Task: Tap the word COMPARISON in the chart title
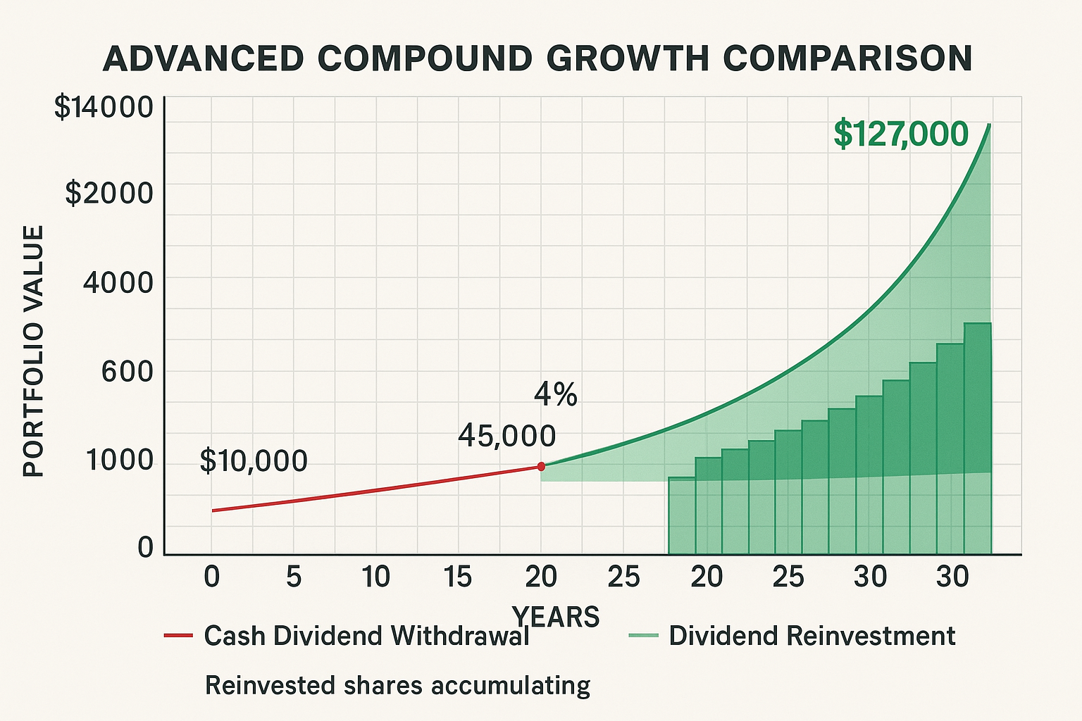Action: (848, 58)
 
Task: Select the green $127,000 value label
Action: (901, 134)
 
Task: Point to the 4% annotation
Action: (555, 395)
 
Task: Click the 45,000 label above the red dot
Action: (506, 437)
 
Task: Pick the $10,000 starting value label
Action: (254, 461)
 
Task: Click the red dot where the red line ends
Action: (541, 466)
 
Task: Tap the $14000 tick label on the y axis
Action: (103, 108)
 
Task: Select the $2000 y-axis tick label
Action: (108, 192)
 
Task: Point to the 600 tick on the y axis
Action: (127, 371)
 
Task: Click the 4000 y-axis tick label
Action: (118, 282)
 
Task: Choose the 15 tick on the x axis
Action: (458, 577)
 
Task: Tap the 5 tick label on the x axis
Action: (294, 577)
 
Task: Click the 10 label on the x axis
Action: (375, 577)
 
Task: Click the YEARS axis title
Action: (556, 617)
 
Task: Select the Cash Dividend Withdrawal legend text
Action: (366, 636)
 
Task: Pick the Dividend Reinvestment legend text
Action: (811, 636)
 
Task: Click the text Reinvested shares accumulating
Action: (397, 685)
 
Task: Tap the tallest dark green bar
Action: (978, 437)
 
